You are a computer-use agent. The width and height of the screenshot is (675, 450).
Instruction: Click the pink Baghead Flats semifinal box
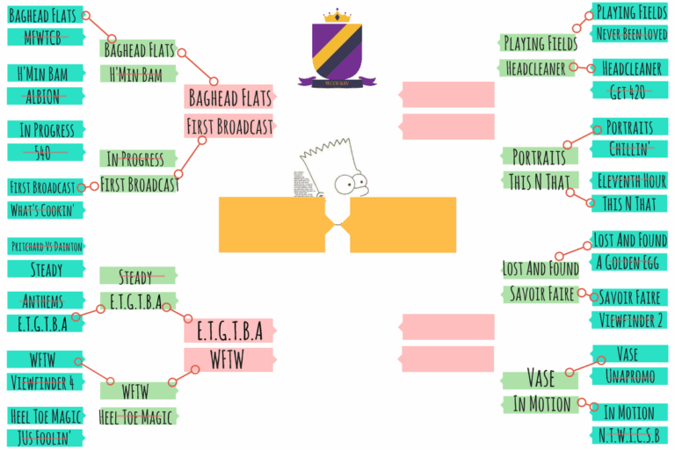pyautogui.click(x=229, y=97)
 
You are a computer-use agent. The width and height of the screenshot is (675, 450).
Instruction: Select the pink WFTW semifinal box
pyautogui.click(x=229, y=359)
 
